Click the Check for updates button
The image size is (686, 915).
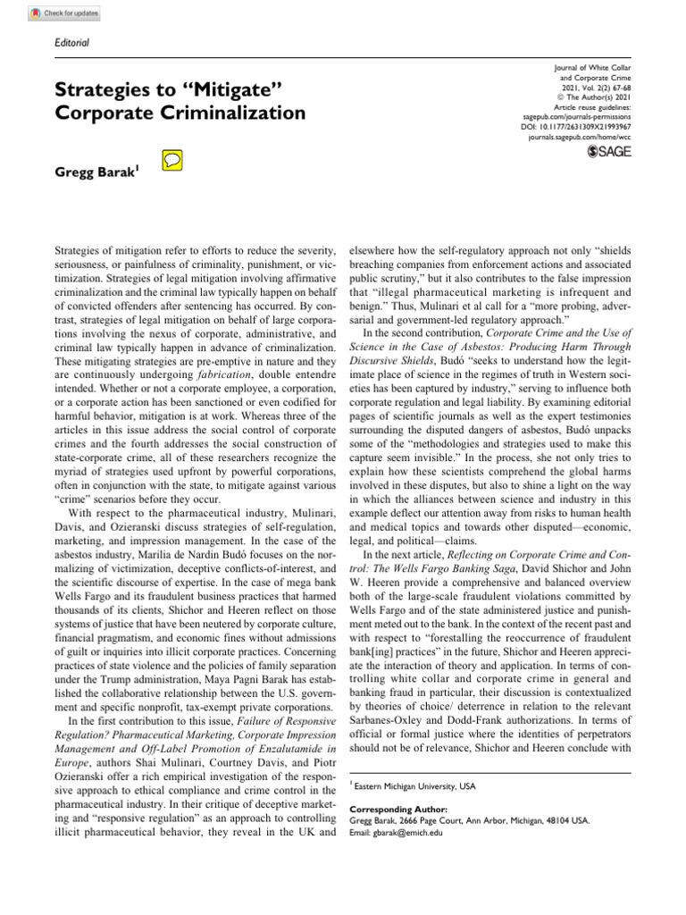pyautogui.click(x=65, y=13)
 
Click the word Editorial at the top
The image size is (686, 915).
pyautogui.click(x=72, y=42)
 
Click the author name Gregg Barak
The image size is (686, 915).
pyautogui.click(x=93, y=171)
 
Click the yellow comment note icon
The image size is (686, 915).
pyautogui.click(x=172, y=161)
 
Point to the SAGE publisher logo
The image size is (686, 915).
pyautogui.click(x=607, y=154)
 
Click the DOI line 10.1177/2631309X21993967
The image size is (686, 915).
pyautogui.click(x=574, y=128)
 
